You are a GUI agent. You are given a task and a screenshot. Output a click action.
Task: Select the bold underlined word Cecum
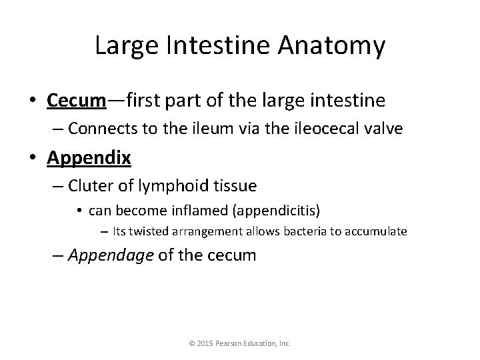pos(77,101)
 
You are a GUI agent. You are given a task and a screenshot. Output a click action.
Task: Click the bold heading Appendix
pos(89,158)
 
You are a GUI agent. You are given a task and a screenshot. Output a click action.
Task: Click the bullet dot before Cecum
pos(33,101)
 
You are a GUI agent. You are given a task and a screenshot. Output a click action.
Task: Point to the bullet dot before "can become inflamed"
pos(79,211)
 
